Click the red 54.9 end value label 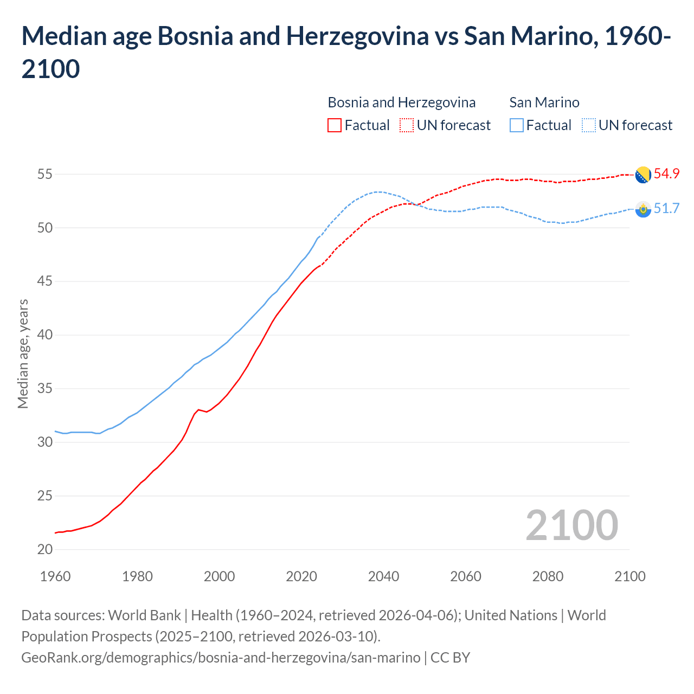[x=666, y=174]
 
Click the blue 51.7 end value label [x=666, y=209]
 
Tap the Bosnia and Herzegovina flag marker [x=643, y=175]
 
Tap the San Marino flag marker [x=643, y=209]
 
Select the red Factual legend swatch [x=335, y=125]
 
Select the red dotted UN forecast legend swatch [x=407, y=125]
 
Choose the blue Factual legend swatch [x=517, y=125]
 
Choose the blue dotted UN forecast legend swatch [x=589, y=125]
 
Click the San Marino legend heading [x=544, y=102]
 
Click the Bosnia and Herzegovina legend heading [x=402, y=102]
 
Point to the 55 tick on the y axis [x=45, y=175]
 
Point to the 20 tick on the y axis [x=45, y=550]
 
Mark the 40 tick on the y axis [x=45, y=335]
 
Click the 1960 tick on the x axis [x=55, y=576]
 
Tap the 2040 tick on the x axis [x=384, y=576]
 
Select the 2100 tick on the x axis [x=630, y=576]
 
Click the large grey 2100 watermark [x=572, y=525]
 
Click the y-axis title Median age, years [x=23, y=354]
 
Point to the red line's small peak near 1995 [x=198, y=409]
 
